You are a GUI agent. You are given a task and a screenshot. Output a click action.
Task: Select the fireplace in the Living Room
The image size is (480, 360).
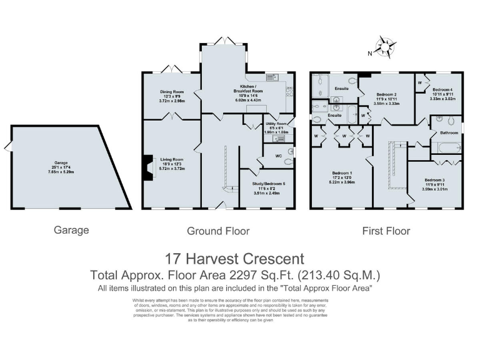click(x=148, y=168)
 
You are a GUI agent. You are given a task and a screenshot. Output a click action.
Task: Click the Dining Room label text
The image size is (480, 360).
click(x=172, y=92)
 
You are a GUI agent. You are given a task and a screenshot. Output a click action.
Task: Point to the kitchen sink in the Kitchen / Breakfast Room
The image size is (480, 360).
click(x=272, y=77)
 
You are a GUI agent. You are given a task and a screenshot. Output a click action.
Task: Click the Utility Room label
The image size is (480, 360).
click(x=276, y=124)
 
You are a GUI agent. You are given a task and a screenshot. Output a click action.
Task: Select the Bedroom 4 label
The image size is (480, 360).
click(x=443, y=89)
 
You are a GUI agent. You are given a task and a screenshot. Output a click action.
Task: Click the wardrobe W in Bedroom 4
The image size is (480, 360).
click(x=419, y=81)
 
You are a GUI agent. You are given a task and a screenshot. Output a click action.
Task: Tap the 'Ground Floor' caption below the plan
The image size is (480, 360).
click(x=218, y=231)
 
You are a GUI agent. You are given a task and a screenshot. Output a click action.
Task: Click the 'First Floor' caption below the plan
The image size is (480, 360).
click(x=386, y=231)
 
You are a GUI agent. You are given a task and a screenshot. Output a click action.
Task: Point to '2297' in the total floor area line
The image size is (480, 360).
click(x=261, y=275)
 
